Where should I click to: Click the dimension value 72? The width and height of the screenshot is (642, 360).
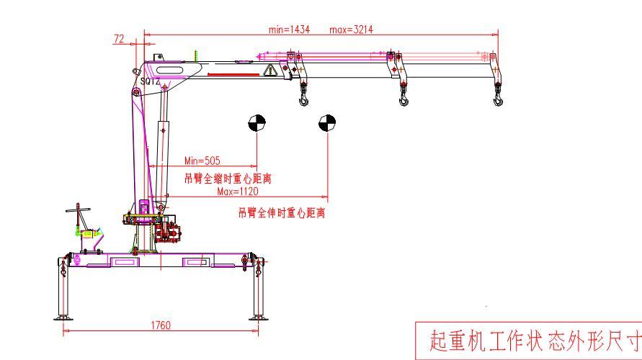[x=120, y=38]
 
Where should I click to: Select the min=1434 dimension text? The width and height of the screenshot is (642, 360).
[x=289, y=30]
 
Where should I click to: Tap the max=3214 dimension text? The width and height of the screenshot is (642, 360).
[x=352, y=30]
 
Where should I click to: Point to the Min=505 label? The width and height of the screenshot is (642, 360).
[x=202, y=161]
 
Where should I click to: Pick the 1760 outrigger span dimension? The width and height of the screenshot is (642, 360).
[x=161, y=325]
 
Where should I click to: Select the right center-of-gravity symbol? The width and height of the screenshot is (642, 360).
[x=326, y=123]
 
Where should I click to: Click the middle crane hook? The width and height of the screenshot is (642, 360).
[x=404, y=97]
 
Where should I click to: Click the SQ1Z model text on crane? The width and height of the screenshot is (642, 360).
[x=150, y=82]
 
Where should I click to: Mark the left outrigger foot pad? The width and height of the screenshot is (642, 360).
[x=63, y=317]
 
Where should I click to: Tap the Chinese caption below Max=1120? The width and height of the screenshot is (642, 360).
[x=282, y=213]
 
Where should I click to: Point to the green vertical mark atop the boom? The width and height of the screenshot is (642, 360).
[x=195, y=55]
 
